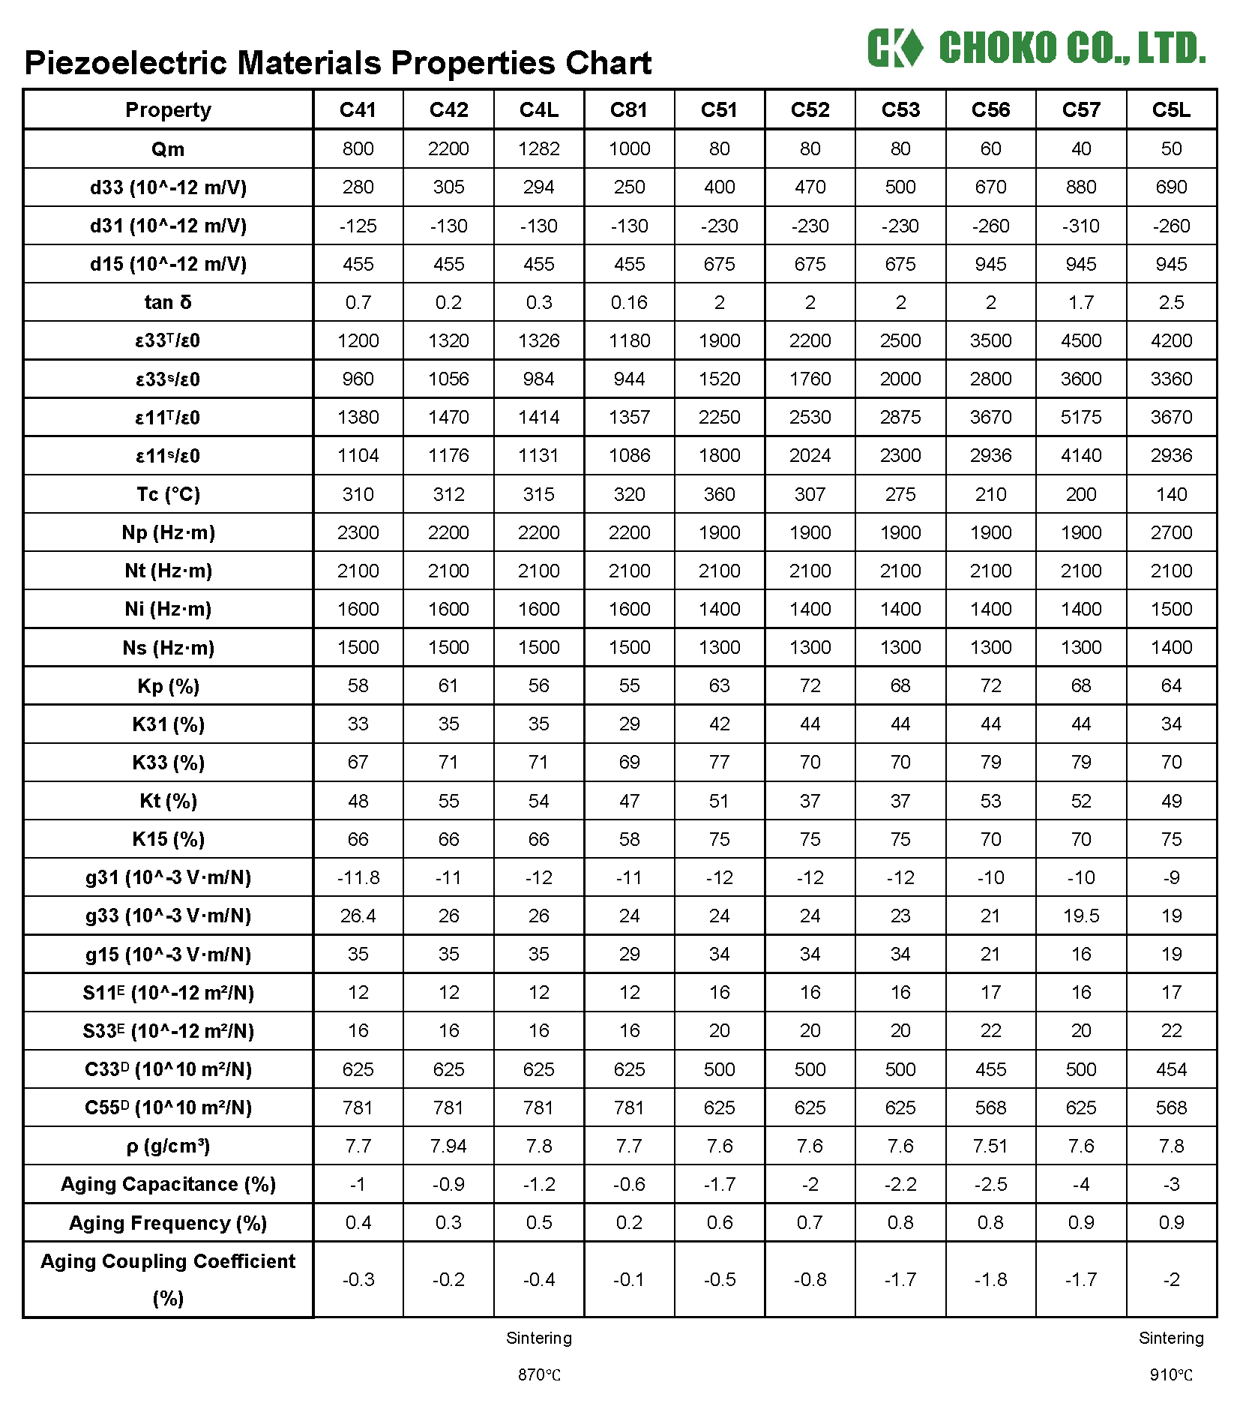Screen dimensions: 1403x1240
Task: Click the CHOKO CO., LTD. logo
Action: click(x=1036, y=48)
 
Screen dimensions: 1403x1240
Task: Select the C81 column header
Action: click(x=629, y=110)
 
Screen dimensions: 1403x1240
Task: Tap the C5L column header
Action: click(x=1171, y=110)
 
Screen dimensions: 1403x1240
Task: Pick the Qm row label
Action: click(x=168, y=149)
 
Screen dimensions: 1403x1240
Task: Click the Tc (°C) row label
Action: click(x=168, y=495)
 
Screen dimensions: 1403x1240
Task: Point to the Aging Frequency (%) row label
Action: click(x=168, y=1224)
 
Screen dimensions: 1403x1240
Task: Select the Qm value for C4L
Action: click(x=538, y=149)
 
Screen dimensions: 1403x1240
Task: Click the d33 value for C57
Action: click(x=1080, y=187)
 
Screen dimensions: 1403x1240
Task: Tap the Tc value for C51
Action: click(x=719, y=495)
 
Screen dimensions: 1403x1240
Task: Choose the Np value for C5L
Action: click(x=1171, y=533)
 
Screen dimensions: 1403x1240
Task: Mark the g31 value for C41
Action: click(x=358, y=878)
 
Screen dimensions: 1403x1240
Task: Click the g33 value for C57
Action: click(x=1080, y=916)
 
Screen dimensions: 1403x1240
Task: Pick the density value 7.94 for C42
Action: click(x=448, y=1147)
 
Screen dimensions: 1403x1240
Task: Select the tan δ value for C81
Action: click(x=629, y=303)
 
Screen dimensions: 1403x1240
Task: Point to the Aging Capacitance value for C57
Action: click(x=1080, y=1185)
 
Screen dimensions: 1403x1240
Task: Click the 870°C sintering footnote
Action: click(x=539, y=1375)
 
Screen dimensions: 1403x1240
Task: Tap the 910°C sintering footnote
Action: click(x=1171, y=1375)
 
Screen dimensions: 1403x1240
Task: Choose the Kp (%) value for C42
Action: click(x=448, y=686)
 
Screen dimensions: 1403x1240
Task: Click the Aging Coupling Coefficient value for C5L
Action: click(x=1171, y=1280)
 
